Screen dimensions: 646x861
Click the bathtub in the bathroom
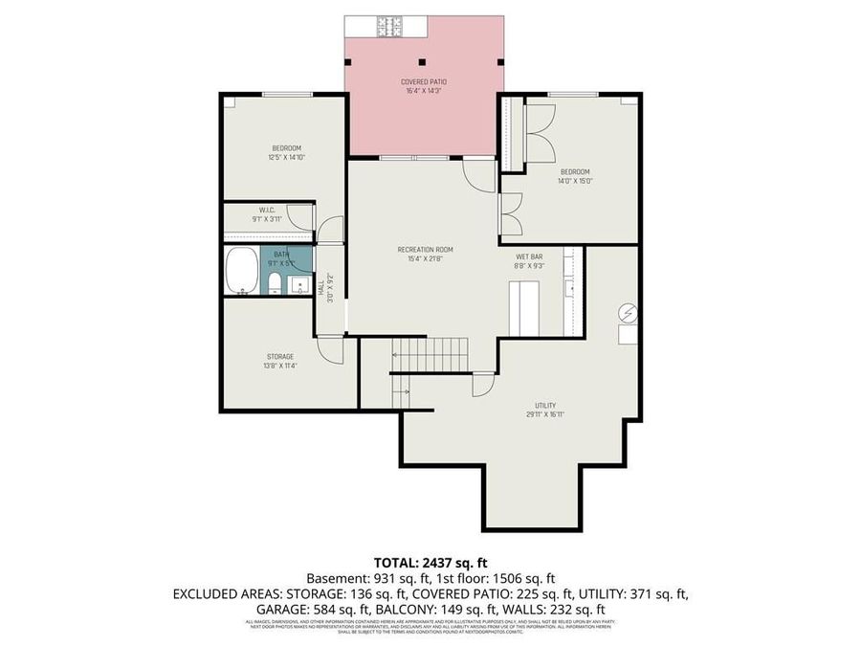pos(242,271)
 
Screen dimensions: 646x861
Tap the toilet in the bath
pos(274,281)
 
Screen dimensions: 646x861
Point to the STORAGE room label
pos(280,356)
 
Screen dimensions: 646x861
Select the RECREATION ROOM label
pos(425,250)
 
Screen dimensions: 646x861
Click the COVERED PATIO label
pos(423,82)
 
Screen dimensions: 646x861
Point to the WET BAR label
pos(530,256)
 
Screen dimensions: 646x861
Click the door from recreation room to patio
pos(476,172)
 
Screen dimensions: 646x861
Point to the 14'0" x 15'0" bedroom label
pos(575,176)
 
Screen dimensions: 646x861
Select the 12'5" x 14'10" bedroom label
pos(286,152)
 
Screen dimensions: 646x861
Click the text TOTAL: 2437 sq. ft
pos(430,563)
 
